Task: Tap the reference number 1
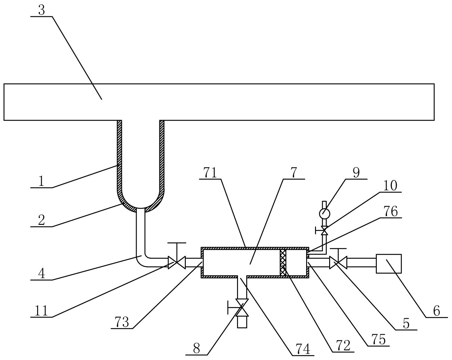click(x=41, y=181)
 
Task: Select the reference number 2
click(x=41, y=220)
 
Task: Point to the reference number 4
click(x=41, y=273)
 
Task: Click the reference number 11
click(x=41, y=311)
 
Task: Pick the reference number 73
click(x=122, y=323)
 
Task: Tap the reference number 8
click(x=197, y=349)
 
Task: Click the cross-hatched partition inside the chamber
click(x=283, y=263)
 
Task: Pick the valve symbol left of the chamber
click(x=177, y=263)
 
